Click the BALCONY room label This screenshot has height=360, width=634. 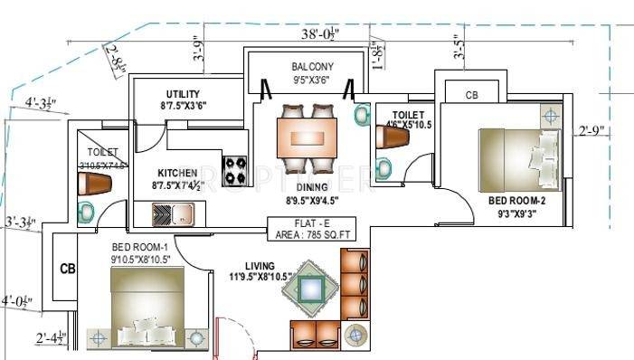pos(312,67)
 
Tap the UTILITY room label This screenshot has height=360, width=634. pos(183,94)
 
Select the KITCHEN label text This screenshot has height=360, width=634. pos(177,173)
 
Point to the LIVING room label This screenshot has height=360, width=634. pos(260,265)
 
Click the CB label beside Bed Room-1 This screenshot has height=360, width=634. pos(67,269)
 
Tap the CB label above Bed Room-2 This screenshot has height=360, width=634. pos(471,94)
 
